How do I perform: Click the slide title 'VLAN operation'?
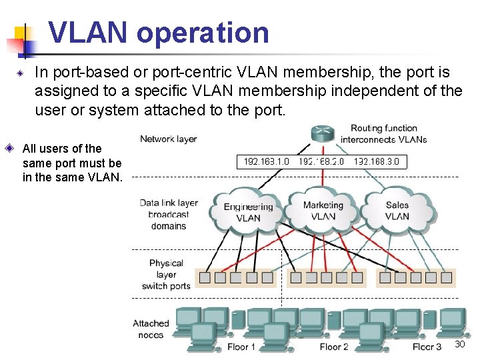[x=159, y=33]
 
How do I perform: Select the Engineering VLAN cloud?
[x=248, y=211]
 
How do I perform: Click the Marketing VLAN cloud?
[x=323, y=210]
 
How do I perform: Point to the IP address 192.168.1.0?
[x=266, y=162]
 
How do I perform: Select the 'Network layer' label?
[x=168, y=139]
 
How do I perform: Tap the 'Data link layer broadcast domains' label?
[x=169, y=214]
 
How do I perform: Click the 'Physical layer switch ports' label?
[x=166, y=275]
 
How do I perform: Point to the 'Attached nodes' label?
[x=151, y=329]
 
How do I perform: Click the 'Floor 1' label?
[x=241, y=347]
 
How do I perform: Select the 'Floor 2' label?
[x=334, y=347]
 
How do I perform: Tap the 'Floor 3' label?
[x=427, y=347]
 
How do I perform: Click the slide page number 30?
[x=459, y=344]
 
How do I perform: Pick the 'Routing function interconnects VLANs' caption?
[x=384, y=133]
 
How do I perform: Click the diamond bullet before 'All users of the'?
[x=10, y=148]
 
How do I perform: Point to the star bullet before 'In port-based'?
[x=21, y=73]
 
